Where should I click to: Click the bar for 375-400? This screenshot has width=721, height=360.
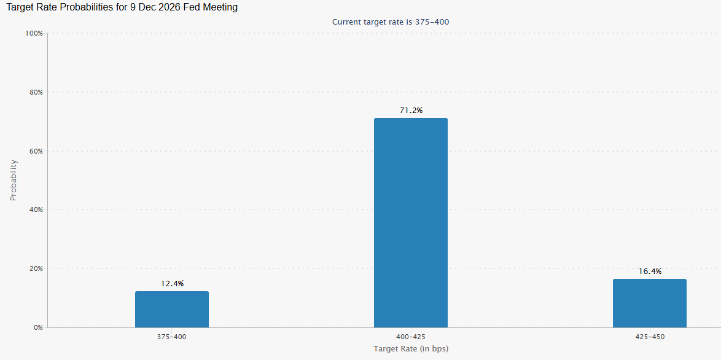click(171, 310)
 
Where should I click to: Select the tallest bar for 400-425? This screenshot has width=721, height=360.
click(411, 223)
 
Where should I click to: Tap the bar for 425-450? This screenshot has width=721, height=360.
click(649, 303)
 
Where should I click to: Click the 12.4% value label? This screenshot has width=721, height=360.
click(172, 284)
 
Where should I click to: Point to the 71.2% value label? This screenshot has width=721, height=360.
click(411, 111)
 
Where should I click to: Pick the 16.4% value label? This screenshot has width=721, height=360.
click(650, 272)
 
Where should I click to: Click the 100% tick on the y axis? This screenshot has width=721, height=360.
click(35, 34)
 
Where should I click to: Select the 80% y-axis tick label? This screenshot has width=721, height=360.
click(37, 92)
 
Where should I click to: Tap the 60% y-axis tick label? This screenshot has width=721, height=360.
click(37, 151)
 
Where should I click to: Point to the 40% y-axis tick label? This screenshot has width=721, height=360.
click(37, 209)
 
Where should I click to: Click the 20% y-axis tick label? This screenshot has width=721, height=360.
click(37, 268)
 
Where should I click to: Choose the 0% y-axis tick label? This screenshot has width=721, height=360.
click(39, 328)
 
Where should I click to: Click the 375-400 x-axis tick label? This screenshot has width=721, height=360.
click(171, 337)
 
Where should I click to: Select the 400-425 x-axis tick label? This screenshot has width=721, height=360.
click(411, 337)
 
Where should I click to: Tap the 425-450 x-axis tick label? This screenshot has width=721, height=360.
click(649, 337)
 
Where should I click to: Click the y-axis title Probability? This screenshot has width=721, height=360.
click(14, 180)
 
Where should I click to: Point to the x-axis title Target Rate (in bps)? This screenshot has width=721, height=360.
click(411, 349)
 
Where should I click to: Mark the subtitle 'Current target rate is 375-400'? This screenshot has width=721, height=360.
click(391, 22)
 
